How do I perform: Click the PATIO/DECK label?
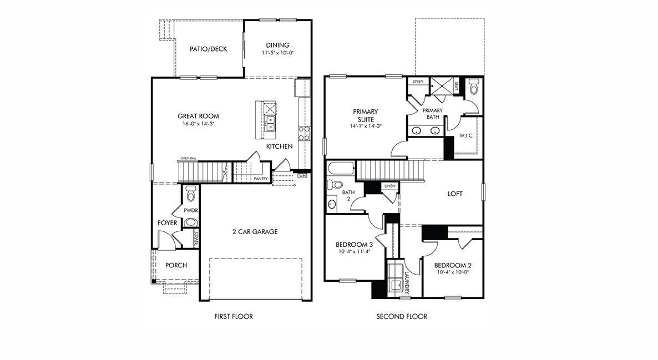208,49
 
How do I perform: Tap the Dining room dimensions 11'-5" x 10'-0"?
277,53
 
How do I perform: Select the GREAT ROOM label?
198,116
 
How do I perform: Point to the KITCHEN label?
280,146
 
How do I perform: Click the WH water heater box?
302,175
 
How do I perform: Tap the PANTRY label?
261,179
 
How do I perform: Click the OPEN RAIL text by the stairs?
189,158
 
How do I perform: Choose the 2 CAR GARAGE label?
255,232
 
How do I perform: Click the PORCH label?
176,265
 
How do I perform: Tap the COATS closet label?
196,238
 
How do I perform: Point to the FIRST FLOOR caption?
234,316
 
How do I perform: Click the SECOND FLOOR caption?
402,316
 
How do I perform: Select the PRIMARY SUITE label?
366,115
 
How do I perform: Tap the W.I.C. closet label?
466,136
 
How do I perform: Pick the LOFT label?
455,194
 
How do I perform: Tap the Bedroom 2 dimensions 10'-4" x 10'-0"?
453,272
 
